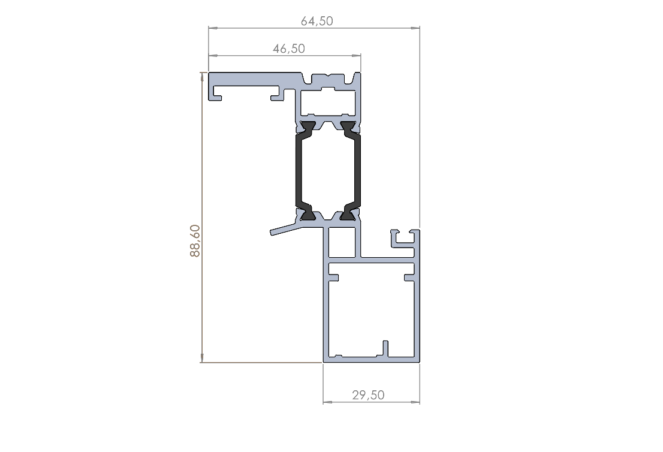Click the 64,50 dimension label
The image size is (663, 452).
[317, 21]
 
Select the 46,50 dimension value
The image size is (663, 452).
[289, 49]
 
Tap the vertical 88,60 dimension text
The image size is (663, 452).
[195, 240]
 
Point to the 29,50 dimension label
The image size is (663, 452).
[368, 395]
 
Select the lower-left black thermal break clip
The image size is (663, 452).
[308, 215]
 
